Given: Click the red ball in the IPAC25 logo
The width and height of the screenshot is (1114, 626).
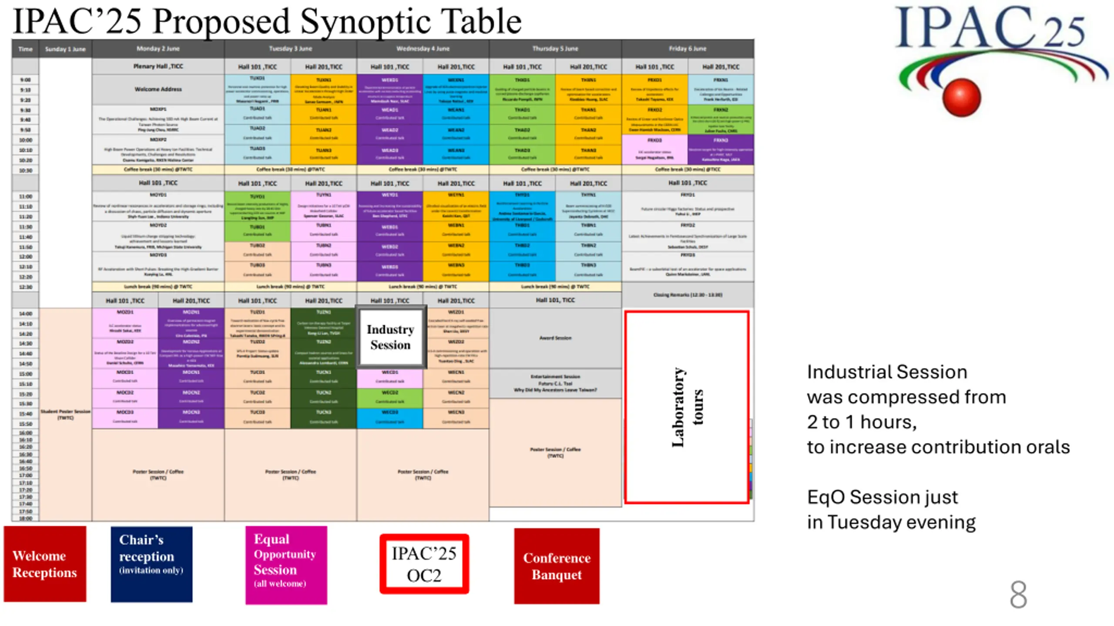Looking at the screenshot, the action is pyautogui.click(x=961, y=97).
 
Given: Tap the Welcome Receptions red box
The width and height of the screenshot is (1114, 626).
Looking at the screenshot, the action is pyautogui.click(x=45, y=564).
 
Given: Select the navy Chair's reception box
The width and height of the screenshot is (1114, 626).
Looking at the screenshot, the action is pyautogui.click(x=151, y=564).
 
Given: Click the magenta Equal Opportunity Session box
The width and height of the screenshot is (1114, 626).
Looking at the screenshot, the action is pyautogui.click(x=286, y=565).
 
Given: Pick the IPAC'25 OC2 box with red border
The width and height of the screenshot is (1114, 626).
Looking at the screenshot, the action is pyautogui.click(x=424, y=564).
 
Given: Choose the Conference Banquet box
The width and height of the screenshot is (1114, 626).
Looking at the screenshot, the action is pyautogui.click(x=557, y=566).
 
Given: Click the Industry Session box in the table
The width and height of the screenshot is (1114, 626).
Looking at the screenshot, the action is pyautogui.click(x=390, y=337).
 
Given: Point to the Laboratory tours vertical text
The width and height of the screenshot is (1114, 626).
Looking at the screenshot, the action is pyautogui.click(x=687, y=407).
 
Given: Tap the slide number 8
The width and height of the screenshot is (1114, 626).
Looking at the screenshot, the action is pyautogui.click(x=1018, y=594).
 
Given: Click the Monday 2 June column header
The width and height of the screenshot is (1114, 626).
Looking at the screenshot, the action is pyautogui.click(x=158, y=49).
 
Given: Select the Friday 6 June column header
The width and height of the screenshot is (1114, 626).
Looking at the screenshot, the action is pyautogui.click(x=688, y=49).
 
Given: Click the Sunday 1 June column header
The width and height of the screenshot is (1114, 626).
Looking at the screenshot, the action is pyautogui.click(x=65, y=49).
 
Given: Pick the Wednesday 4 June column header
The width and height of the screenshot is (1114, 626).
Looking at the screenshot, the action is pyautogui.click(x=423, y=49).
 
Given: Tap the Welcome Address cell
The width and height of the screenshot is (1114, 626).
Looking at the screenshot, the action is pyautogui.click(x=158, y=89).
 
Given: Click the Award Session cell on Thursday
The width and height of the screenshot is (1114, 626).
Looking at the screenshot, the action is pyautogui.click(x=555, y=338).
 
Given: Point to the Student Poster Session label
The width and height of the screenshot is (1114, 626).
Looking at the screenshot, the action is pyautogui.click(x=65, y=414).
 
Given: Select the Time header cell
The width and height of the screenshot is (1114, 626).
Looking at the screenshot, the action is pyautogui.click(x=25, y=49).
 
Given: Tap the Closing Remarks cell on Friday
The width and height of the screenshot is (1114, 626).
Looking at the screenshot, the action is pyautogui.click(x=688, y=295).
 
